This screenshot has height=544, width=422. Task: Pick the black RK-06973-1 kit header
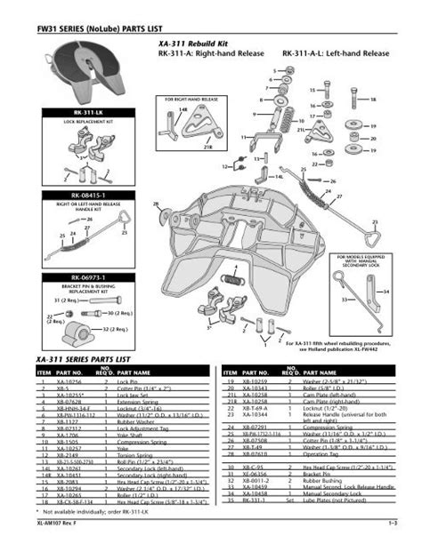(81, 277)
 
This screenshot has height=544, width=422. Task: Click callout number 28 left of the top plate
(157, 205)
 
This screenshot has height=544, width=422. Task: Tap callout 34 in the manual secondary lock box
(385, 291)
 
